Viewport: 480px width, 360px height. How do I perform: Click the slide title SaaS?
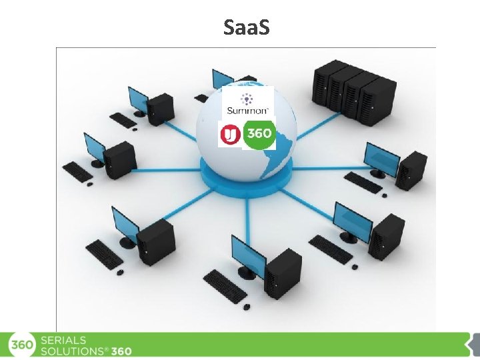[x=247, y=28]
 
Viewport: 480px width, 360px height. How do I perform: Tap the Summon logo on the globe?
[x=248, y=103]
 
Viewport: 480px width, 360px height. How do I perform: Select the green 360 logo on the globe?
[x=259, y=133]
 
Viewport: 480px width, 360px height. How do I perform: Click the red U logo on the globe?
[x=229, y=135]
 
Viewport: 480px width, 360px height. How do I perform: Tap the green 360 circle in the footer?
[x=21, y=345]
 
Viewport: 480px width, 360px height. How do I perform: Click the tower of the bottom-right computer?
[x=387, y=236]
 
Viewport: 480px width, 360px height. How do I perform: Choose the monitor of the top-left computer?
[x=139, y=99]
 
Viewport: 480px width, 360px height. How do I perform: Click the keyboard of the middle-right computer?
[x=363, y=181]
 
